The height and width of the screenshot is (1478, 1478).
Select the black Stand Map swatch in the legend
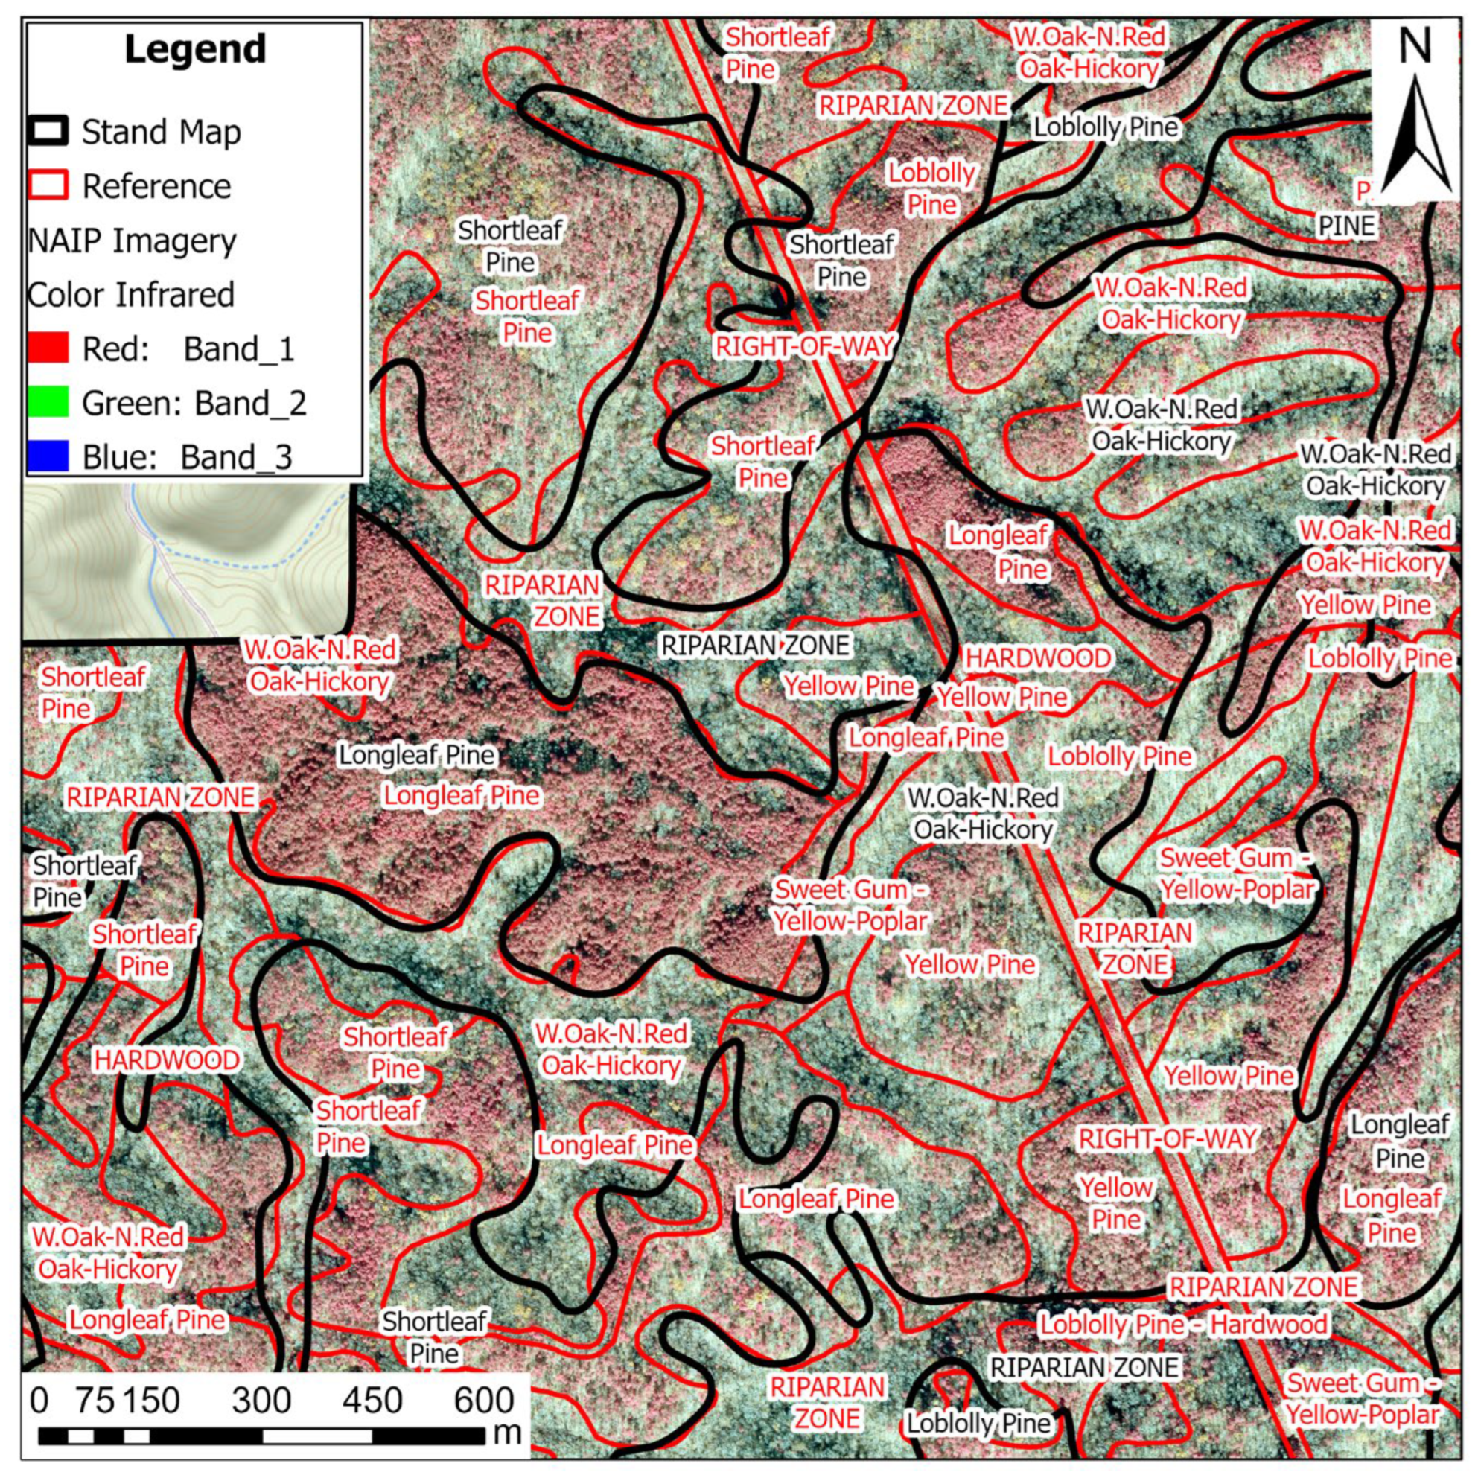click(48, 132)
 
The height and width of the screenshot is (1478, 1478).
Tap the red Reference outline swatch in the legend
click(48, 186)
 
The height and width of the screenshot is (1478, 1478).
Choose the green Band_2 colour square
click(48, 402)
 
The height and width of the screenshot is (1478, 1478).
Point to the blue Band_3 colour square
click(48, 456)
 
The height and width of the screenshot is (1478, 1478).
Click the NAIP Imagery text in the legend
click(132, 241)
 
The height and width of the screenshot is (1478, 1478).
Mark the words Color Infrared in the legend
click(131, 295)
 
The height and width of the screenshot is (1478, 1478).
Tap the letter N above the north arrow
click(1414, 46)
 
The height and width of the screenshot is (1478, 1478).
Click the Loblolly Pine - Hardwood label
click(1182, 1324)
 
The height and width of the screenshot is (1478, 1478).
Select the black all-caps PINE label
click(1346, 226)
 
